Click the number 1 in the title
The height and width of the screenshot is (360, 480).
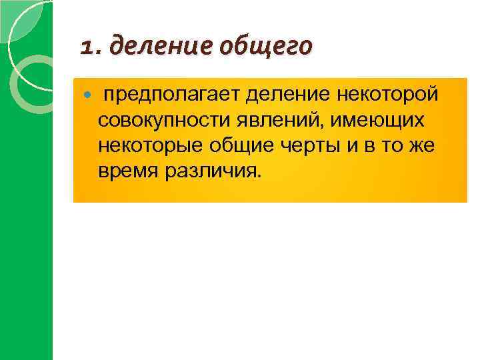coord(87,47)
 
